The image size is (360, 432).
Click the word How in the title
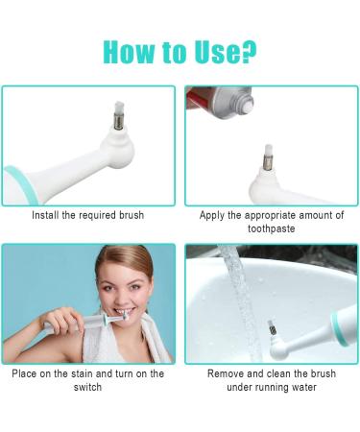click(129, 52)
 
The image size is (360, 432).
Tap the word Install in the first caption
click(45, 215)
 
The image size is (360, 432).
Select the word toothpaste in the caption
click(271, 228)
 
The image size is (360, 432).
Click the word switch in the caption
click(87, 387)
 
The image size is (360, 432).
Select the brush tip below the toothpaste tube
click(268, 151)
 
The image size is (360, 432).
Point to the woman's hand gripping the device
click(63, 322)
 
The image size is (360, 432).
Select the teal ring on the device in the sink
click(339, 329)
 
